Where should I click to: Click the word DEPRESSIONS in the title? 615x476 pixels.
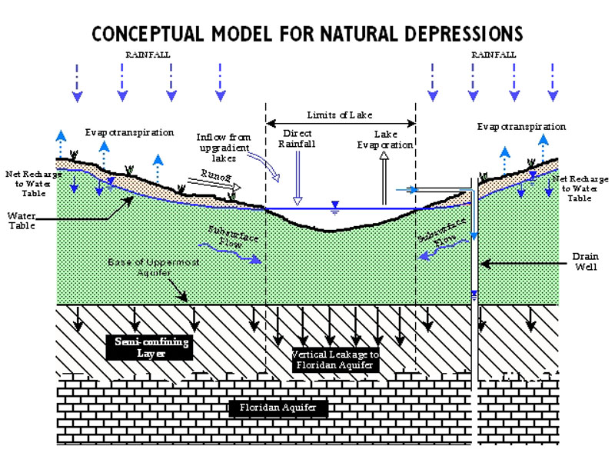coord(454,34)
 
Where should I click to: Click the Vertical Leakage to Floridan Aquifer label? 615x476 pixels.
coord(334,360)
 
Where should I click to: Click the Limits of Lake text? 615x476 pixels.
coord(341,115)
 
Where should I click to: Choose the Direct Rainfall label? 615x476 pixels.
coord(298,138)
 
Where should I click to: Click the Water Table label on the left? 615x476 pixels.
coord(21,223)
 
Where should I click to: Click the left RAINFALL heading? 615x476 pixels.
coord(148,55)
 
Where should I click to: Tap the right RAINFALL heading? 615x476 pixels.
coord(494,55)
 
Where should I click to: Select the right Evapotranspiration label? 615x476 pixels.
coord(521,126)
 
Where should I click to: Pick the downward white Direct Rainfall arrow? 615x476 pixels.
coord(298,177)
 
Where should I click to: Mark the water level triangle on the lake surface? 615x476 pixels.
coord(334,205)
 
